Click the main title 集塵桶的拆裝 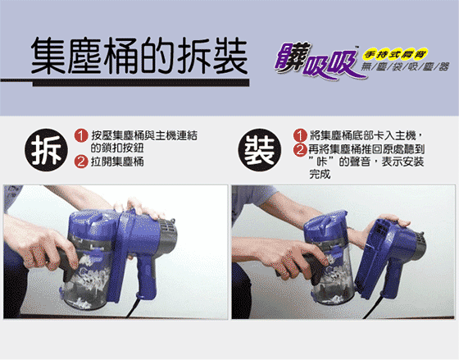139,56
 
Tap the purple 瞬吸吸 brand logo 318,62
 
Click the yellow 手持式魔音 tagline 395,54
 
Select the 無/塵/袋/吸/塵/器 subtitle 405,67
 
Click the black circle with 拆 46,150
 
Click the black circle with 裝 259,150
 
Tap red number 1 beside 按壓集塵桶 81,136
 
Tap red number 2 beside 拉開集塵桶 81,162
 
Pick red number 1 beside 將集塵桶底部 300,135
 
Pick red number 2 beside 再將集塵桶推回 300,150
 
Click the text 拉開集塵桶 117,162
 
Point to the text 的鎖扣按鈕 117,148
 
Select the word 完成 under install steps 320,175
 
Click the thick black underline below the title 140,83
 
